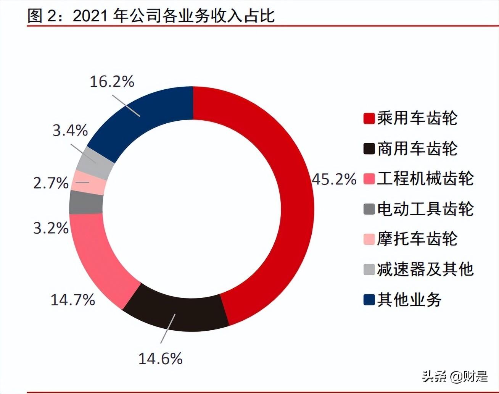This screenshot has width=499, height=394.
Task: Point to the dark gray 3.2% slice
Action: [86, 203]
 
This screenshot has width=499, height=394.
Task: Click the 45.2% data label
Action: [334, 179]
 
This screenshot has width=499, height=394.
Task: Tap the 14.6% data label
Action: [160, 358]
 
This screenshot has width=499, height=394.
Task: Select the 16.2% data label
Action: [112, 82]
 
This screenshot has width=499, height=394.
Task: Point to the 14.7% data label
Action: [73, 300]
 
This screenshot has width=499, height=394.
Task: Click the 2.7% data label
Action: [51, 183]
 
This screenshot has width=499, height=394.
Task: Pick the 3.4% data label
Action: [70, 131]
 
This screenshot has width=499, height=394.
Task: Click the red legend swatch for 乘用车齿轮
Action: [369, 118]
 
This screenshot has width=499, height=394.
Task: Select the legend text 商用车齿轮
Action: [417, 149]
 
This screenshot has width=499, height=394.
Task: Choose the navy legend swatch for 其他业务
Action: [369, 300]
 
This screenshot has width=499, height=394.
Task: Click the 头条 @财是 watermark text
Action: [455, 376]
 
